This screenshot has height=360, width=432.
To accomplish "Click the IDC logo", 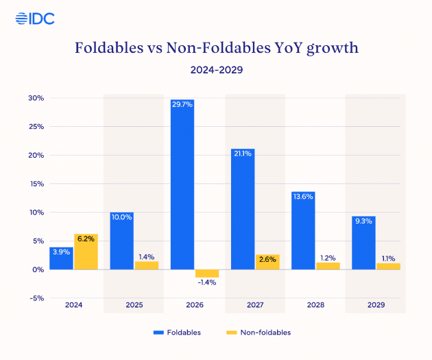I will coord(35,18).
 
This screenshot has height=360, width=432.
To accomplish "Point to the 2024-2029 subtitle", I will coord(216,70).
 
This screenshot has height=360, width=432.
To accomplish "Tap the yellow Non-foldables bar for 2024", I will coord(86,252).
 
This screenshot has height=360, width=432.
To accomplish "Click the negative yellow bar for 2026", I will coord(206,273).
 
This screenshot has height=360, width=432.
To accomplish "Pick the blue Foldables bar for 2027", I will coord(243,208).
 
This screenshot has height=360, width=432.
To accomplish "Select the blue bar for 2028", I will coord(303,230).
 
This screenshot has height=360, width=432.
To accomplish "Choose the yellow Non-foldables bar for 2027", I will coord(267,262).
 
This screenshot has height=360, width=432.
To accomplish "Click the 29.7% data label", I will coord(182,104).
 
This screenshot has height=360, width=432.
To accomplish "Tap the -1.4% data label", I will coord(206,283).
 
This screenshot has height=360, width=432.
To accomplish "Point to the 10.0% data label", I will coord(122,217).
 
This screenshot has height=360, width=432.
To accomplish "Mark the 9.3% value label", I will coord(363,221).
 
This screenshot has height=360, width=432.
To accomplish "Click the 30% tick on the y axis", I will coord(36,98).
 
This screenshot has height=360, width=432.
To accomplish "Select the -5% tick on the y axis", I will coord(36,298).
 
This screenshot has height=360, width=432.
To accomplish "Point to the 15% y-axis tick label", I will coord(36,184).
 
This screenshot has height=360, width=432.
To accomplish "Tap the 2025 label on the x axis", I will coord(134,304).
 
